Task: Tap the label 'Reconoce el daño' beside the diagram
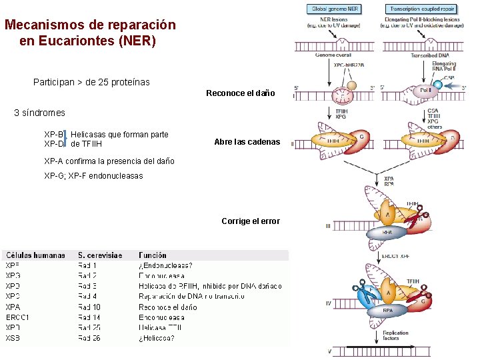point(241,93)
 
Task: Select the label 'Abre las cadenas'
point(247,142)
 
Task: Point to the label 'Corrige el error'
point(251,221)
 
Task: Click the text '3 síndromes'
point(40,113)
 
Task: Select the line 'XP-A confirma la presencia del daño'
point(109,161)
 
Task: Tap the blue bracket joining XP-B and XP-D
point(65,139)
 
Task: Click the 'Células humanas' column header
point(36,255)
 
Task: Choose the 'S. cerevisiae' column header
point(100,255)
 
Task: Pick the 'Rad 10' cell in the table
point(89,307)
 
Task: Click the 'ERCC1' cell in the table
point(17,317)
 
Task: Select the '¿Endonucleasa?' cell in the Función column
point(165,265)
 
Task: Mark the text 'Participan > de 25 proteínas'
point(91,82)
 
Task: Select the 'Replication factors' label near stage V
point(396,335)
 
